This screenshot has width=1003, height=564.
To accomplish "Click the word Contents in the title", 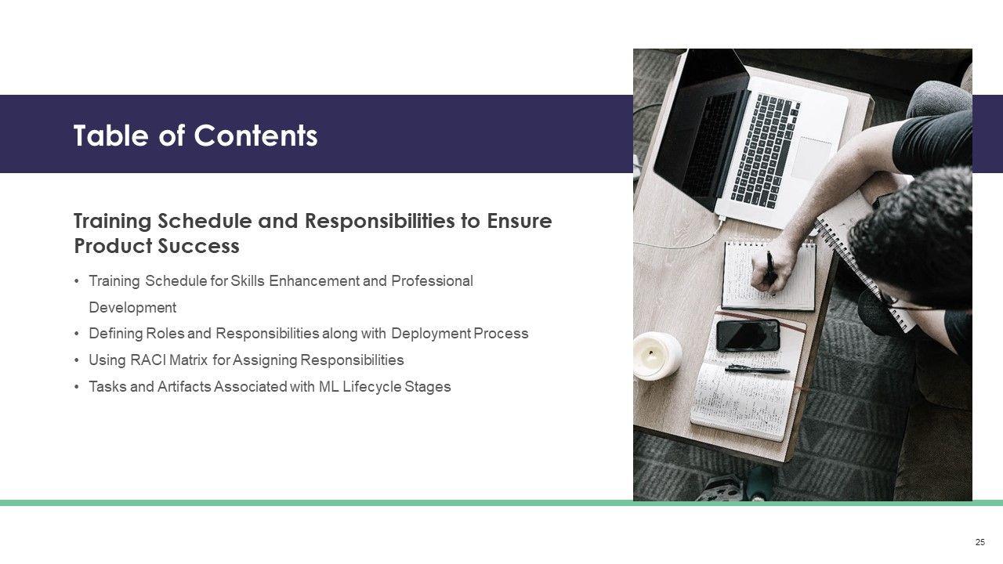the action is tap(255, 136).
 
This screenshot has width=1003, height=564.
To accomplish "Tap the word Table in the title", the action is tap(110, 136).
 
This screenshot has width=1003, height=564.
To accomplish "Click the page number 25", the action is tap(980, 542).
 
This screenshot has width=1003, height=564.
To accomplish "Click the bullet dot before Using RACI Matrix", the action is tap(77, 360).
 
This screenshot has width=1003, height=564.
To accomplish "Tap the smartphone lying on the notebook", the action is tap(748, 335).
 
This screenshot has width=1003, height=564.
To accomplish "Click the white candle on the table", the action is tap(657, 356).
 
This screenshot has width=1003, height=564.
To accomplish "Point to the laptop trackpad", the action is tap(811, 159).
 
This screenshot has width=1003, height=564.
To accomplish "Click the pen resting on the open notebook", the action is tap(757, 369).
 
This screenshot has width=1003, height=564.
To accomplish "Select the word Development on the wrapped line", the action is tap(132, 308).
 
